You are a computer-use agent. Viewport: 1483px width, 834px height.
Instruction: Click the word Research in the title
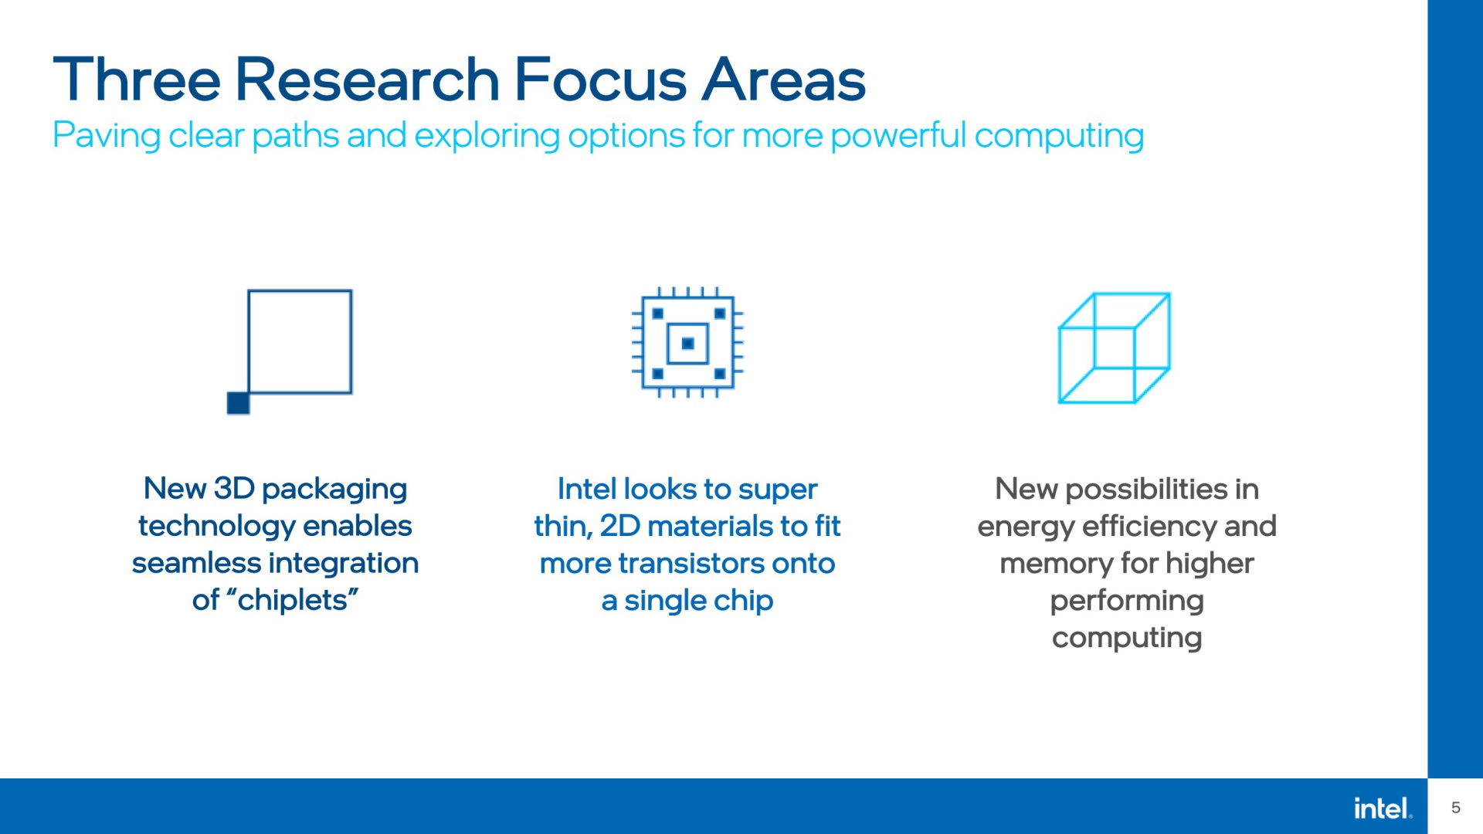point(368,80)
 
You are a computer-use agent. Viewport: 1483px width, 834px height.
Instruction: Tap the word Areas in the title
point(783,80)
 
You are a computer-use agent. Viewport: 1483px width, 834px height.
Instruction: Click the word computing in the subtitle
point(1059,136)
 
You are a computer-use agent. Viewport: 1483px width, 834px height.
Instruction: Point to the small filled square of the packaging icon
point(238,403)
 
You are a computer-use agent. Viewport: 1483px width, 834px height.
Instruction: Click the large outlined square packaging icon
point(300,290)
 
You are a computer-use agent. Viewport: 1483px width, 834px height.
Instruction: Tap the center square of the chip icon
point(687,344)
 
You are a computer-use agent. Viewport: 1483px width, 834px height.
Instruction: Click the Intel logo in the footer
point(1383,809)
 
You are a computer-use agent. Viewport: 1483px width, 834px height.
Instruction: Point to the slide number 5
point(1456,808)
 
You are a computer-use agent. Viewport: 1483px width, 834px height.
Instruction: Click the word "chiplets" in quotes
point(293,600)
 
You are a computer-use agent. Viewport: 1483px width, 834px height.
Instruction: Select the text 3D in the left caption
point(234,489)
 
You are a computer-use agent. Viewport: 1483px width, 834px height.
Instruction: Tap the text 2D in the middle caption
point(620,526)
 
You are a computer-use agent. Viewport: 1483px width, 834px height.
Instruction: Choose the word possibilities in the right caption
point(1146,490)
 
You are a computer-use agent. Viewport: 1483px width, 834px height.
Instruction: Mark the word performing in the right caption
point(1127,601)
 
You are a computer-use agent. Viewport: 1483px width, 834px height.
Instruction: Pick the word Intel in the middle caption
point(587,489)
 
